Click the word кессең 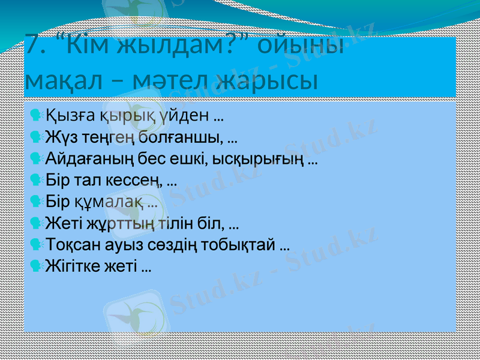[x=139, y=179]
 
